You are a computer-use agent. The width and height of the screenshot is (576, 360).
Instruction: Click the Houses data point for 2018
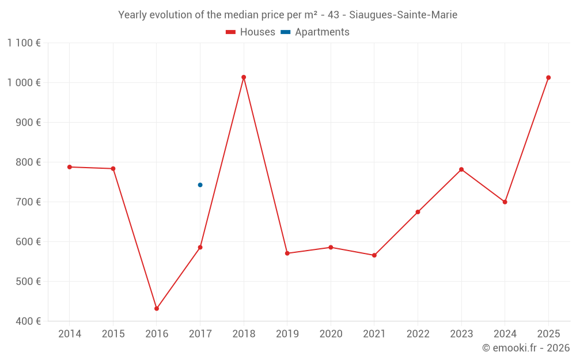[244, 77]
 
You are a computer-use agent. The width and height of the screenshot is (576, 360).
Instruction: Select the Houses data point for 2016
[157, 309]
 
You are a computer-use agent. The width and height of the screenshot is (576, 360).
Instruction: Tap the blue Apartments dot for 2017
[200, 185]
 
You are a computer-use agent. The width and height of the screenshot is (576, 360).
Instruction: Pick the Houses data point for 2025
[548, 78]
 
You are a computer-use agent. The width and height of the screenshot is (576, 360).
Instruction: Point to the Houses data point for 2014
[70, 167]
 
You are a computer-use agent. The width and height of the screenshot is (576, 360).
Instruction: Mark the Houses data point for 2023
[461, 169]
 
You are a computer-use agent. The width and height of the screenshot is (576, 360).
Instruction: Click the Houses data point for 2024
[505, 202]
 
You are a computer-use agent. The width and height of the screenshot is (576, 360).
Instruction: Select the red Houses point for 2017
[200, 248]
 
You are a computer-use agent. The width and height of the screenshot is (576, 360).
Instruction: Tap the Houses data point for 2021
[374, 255]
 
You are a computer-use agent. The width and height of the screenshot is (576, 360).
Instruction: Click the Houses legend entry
[251, 32]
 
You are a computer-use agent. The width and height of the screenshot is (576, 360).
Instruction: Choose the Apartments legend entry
[315, 32]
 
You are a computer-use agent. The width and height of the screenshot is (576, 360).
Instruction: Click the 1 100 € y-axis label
[24, 43]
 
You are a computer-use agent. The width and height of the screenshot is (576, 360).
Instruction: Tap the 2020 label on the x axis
[331, 334]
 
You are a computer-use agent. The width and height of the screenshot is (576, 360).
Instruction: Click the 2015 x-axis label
[113, 334]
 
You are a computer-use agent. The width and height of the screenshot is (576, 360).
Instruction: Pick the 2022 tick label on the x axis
[418, 334]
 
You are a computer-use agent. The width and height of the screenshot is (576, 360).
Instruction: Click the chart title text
[287, 15]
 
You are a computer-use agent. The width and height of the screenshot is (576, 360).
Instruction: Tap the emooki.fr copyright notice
[525, 348]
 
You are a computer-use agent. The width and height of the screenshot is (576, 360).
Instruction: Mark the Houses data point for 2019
[287, 253]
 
